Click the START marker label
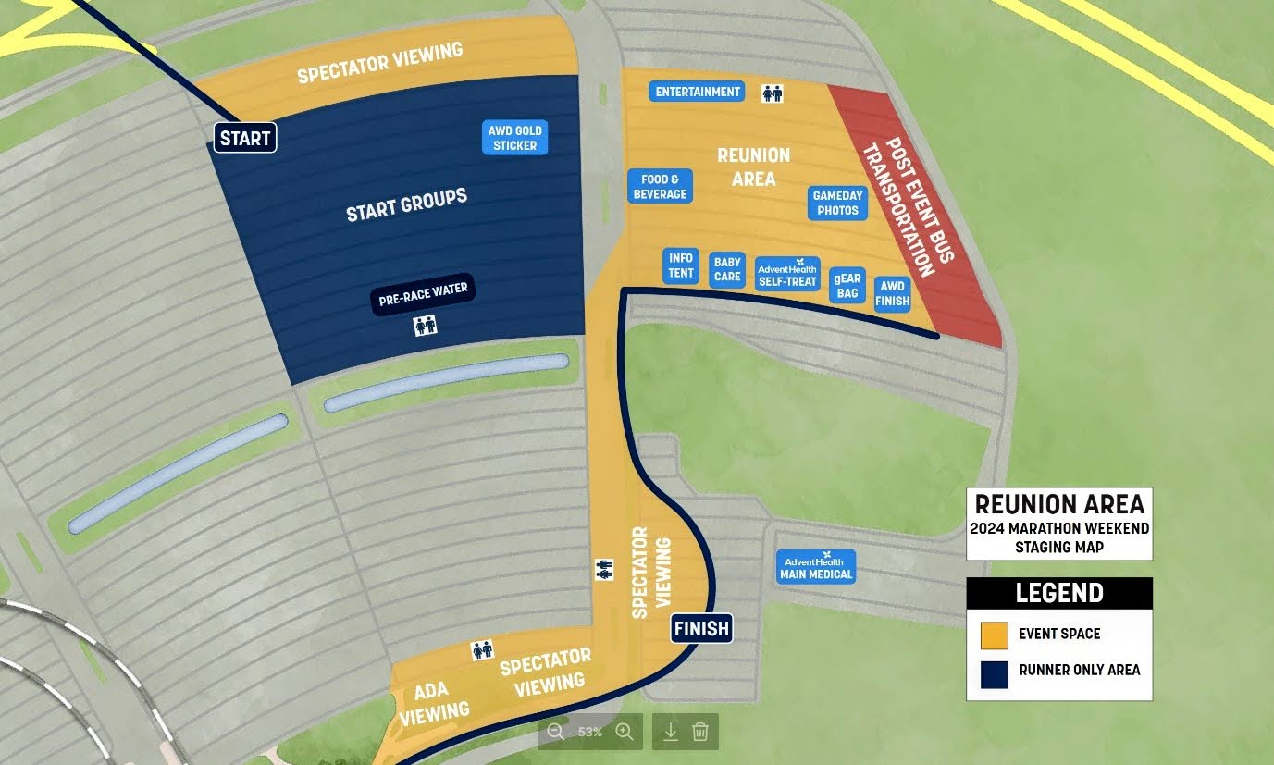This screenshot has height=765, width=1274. (x=245, y=139)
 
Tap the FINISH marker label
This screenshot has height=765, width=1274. (x=701, y=629)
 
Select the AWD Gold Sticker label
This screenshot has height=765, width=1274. (x=515, y=138)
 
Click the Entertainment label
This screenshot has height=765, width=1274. (x=698, y=92)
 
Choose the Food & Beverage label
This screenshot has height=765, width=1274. (x=660, y=187)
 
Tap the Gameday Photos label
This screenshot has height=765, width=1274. (x=837, y=203)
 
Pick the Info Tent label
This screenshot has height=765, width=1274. (x=680, y=266)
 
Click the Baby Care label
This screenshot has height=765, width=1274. (x=727, y=269)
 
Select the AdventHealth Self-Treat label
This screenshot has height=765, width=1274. (x=787, y=274)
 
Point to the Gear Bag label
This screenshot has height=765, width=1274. (x=847, y=285)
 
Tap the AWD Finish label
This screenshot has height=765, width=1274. (x=892, y=293)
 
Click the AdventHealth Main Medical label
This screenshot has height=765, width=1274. (x=815, y=567)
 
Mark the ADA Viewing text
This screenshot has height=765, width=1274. (x=434, y=702)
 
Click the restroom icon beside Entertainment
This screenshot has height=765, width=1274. (x=772, y=93)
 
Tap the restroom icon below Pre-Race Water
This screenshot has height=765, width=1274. (x=425, y=326)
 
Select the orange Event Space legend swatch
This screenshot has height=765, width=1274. (x=994, y=635)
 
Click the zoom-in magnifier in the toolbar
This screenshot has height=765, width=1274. (x=625, y=732)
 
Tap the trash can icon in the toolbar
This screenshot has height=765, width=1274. (x=700, y=732)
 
